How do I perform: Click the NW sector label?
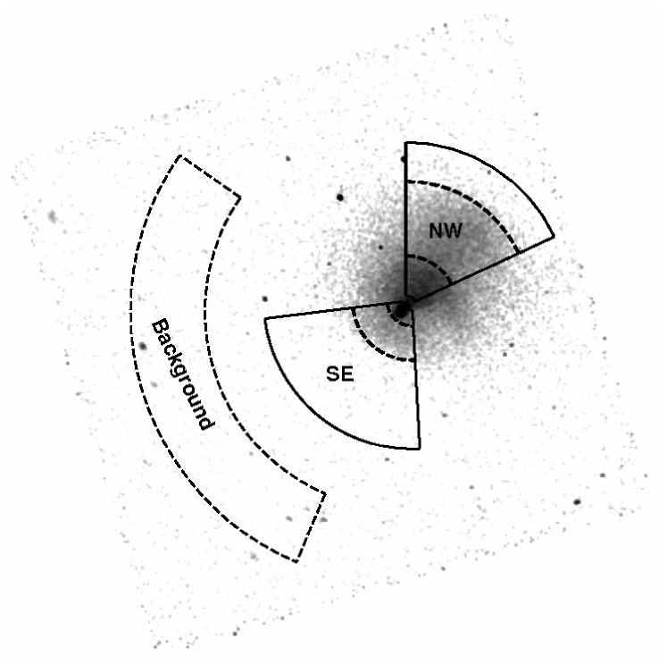pos(446,231)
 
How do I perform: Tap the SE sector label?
pos(340,374)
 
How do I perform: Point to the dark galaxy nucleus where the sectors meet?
pos(402,309)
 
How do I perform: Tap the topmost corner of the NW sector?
pos(405,142)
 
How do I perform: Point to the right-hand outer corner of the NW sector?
pos(554,237)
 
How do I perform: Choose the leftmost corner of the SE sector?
pos(264,319)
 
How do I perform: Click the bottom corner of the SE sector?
pos(419,449)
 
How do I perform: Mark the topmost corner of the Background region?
pos(179,155)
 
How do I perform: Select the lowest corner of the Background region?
pos(296,562)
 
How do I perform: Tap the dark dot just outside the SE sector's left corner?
pos(264,300)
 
